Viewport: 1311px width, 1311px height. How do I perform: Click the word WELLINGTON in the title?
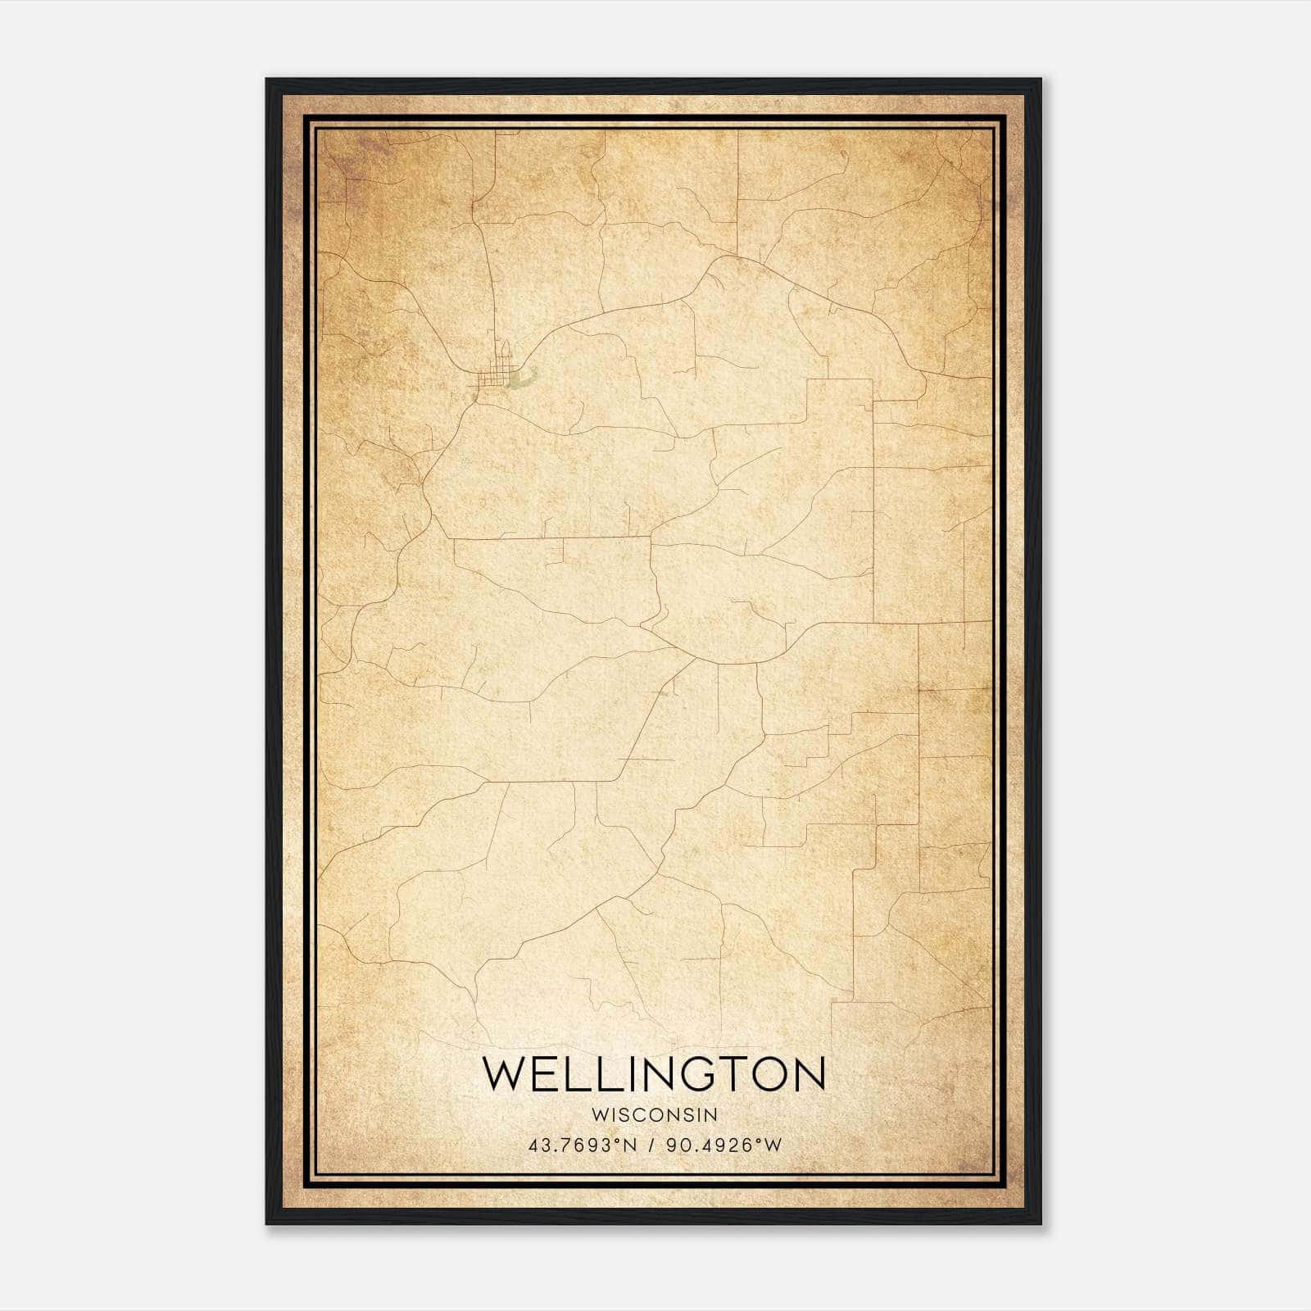coord(654,1074)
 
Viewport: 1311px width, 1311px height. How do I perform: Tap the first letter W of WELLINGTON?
coord(502,1074)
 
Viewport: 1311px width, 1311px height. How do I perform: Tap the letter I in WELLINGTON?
coord(619,1074)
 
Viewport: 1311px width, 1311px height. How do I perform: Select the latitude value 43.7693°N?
coord(583,1145)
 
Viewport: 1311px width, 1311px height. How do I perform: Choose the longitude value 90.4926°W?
coord(723,1145)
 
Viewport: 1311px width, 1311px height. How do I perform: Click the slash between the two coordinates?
coord(651,1145)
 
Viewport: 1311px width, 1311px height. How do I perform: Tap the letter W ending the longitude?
coord(773,1145)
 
